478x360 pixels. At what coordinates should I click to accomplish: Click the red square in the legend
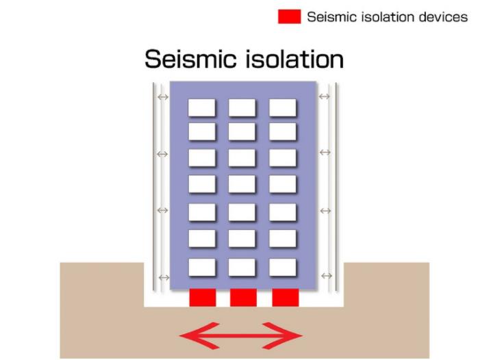[x=289, y=16]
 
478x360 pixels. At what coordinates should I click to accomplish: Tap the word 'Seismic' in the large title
[x=190, y=58]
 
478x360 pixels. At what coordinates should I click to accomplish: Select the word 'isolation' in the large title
[x=294, y=58]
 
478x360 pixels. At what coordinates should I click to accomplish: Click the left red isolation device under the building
[x=203, y=298]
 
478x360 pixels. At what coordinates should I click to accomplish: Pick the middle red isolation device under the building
[x=243, y=298]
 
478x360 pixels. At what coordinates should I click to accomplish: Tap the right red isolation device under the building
[x=286, y=298]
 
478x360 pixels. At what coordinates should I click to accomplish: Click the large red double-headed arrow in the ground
[x=241, y=335]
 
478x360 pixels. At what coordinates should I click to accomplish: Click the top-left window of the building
[x=202, y=107]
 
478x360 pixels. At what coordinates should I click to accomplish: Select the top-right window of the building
[x=283, y=107]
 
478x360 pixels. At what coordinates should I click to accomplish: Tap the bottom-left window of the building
[x=202, y=268]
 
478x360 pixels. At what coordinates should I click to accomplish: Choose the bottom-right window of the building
[x=283, y=268]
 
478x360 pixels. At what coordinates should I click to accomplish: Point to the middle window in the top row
[x=242, y=107]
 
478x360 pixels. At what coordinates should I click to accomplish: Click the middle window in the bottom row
[x=242, y=268]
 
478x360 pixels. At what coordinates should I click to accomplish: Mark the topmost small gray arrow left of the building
[x=163, y=97]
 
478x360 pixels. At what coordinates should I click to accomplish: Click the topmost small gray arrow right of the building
[x=324, y=97]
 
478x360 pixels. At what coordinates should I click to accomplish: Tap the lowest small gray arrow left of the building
[x=164, y=277]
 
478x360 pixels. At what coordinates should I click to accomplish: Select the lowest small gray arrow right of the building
[x=327, y=276]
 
